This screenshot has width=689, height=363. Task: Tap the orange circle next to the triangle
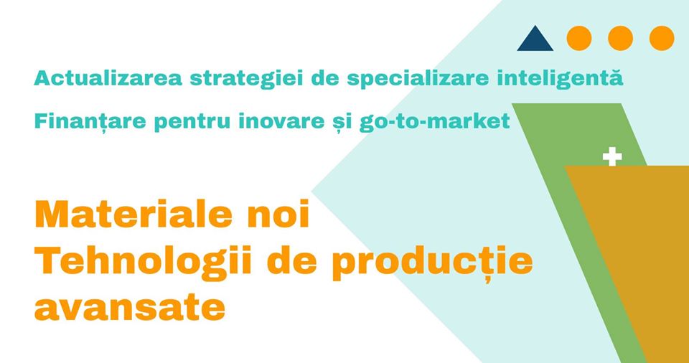pyautogui.click(x=579, y=38)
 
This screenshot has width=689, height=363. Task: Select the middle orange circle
pyautogui.click(x=620, y=38)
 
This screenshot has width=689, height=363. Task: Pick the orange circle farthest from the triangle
pyautogui.click(x=662, y=38)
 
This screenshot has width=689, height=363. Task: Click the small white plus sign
pyautogui.click(x=612, y=157)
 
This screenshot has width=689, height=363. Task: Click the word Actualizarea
pyautogui.click(x=108, y=78)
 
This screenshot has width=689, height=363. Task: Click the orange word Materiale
pyautogui.click(x=133, y=214)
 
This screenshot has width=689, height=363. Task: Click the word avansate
pyautogui.click(x=130, y=308)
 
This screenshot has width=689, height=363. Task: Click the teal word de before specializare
pyautogui.click(x=326, y=78)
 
